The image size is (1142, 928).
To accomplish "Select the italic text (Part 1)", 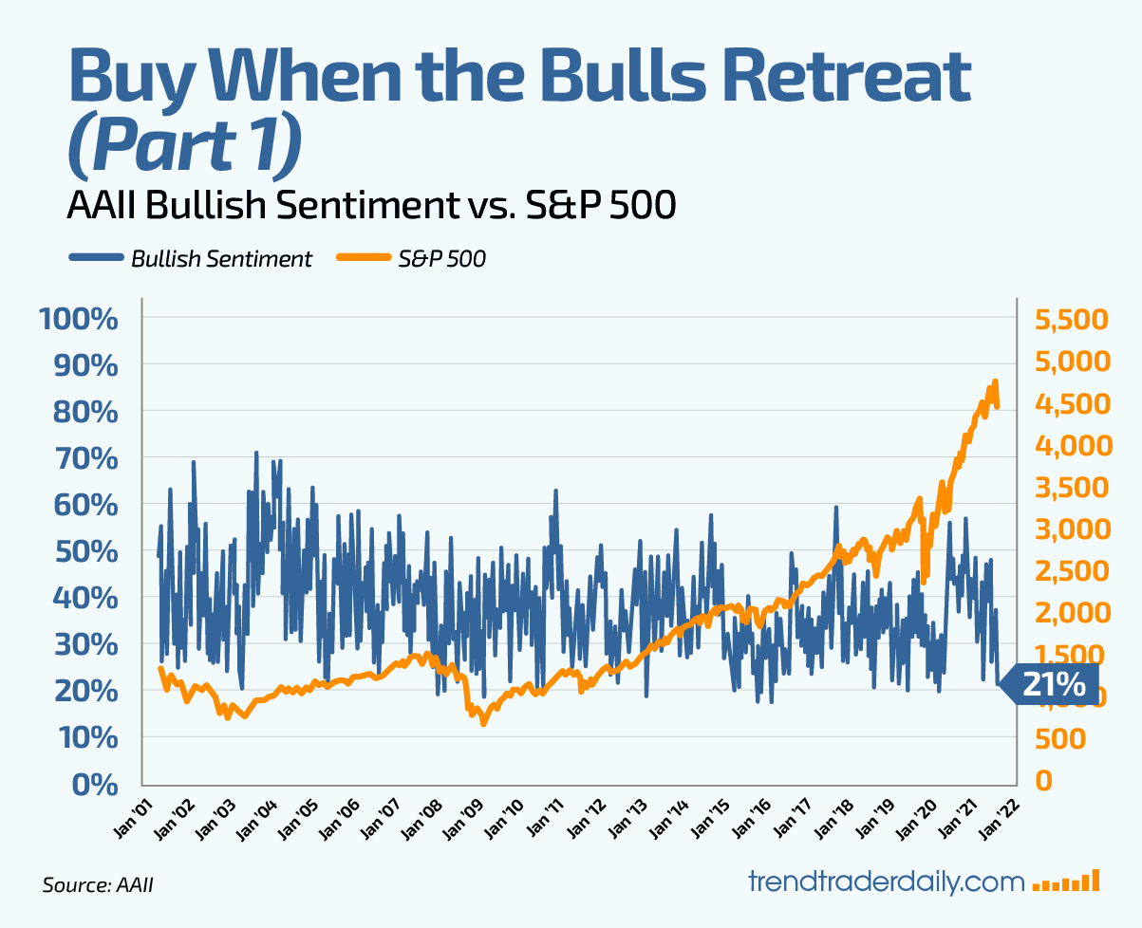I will [185, 145].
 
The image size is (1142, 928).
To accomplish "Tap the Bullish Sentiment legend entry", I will [190, 258].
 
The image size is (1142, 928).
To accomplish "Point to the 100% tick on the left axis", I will [78, 318].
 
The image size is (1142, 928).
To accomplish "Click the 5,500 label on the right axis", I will [1072, 319].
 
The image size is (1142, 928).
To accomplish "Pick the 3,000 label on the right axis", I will [1072, 529].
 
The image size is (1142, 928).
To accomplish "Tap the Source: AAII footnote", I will [98, 885].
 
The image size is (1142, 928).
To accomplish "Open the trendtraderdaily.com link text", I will [887, 881].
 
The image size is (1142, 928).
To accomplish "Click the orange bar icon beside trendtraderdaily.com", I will [1066, 882].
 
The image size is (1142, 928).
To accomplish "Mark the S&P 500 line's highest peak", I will [995, 381].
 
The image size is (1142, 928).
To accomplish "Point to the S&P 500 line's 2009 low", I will [483, 723].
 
